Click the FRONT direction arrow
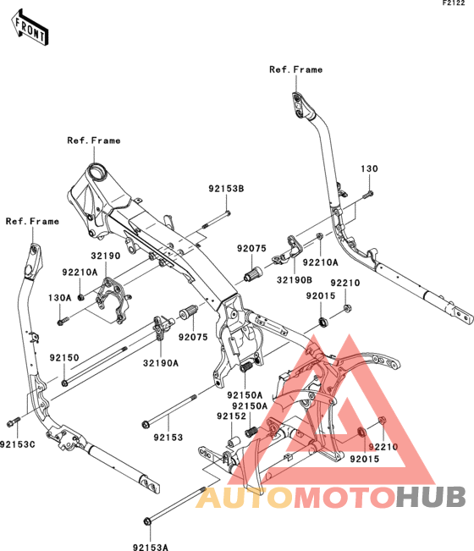point(30,27)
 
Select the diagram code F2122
point(454,3)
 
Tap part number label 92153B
point(226,189)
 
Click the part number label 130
point(369,168)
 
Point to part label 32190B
point(295,280)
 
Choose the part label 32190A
point(161,363)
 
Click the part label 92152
point(231,416)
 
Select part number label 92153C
point(18,444)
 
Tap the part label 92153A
point(151,547)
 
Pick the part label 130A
point(60,298)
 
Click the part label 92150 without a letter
point(64,358)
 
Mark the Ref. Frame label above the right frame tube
point(296,69)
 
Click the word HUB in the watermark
point(431,497)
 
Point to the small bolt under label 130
point(368,194)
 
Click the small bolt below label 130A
point(63,321)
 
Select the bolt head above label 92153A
point(148,521)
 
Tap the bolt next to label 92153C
point(14,422)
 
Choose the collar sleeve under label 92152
point(233,441)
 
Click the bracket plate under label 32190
point(113,300)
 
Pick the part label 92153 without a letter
point(168,438)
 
